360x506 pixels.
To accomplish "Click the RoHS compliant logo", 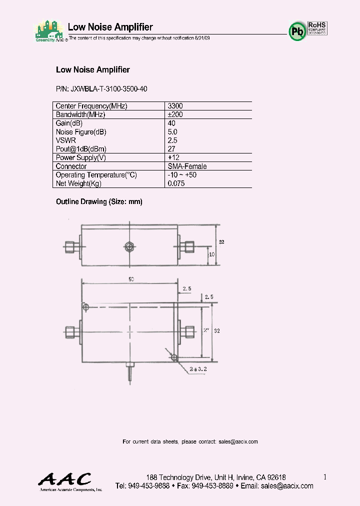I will (x=317, y=28).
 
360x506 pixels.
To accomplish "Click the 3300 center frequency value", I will (x=175, y=106).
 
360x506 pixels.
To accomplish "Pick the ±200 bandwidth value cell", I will (x=175, y=114).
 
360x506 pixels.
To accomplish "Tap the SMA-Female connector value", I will (x=187, y=166).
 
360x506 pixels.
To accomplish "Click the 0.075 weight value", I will (x=176, y=183).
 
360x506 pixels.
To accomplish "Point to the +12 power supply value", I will (x=173, y=157).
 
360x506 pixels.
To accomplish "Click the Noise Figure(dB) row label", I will (x=81, y=132).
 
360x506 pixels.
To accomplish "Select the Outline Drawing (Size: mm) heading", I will (x=99, y=202).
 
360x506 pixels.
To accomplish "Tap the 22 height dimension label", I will (x=221, y=242).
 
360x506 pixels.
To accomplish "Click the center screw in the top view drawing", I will (x=129, y=246).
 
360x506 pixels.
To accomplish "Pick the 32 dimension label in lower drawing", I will (x=216, y=331).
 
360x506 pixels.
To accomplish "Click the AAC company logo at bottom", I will (x=65, y=480).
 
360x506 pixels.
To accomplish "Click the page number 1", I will (x=324, y=477).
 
